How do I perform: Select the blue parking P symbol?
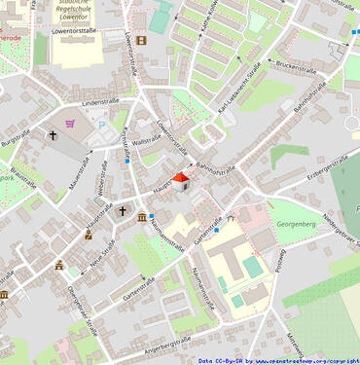point(101,125)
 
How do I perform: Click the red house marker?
point(181,182)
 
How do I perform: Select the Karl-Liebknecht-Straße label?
point(244,95)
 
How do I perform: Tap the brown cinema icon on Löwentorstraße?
point(142,40)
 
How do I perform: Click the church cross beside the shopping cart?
point(53,136)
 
